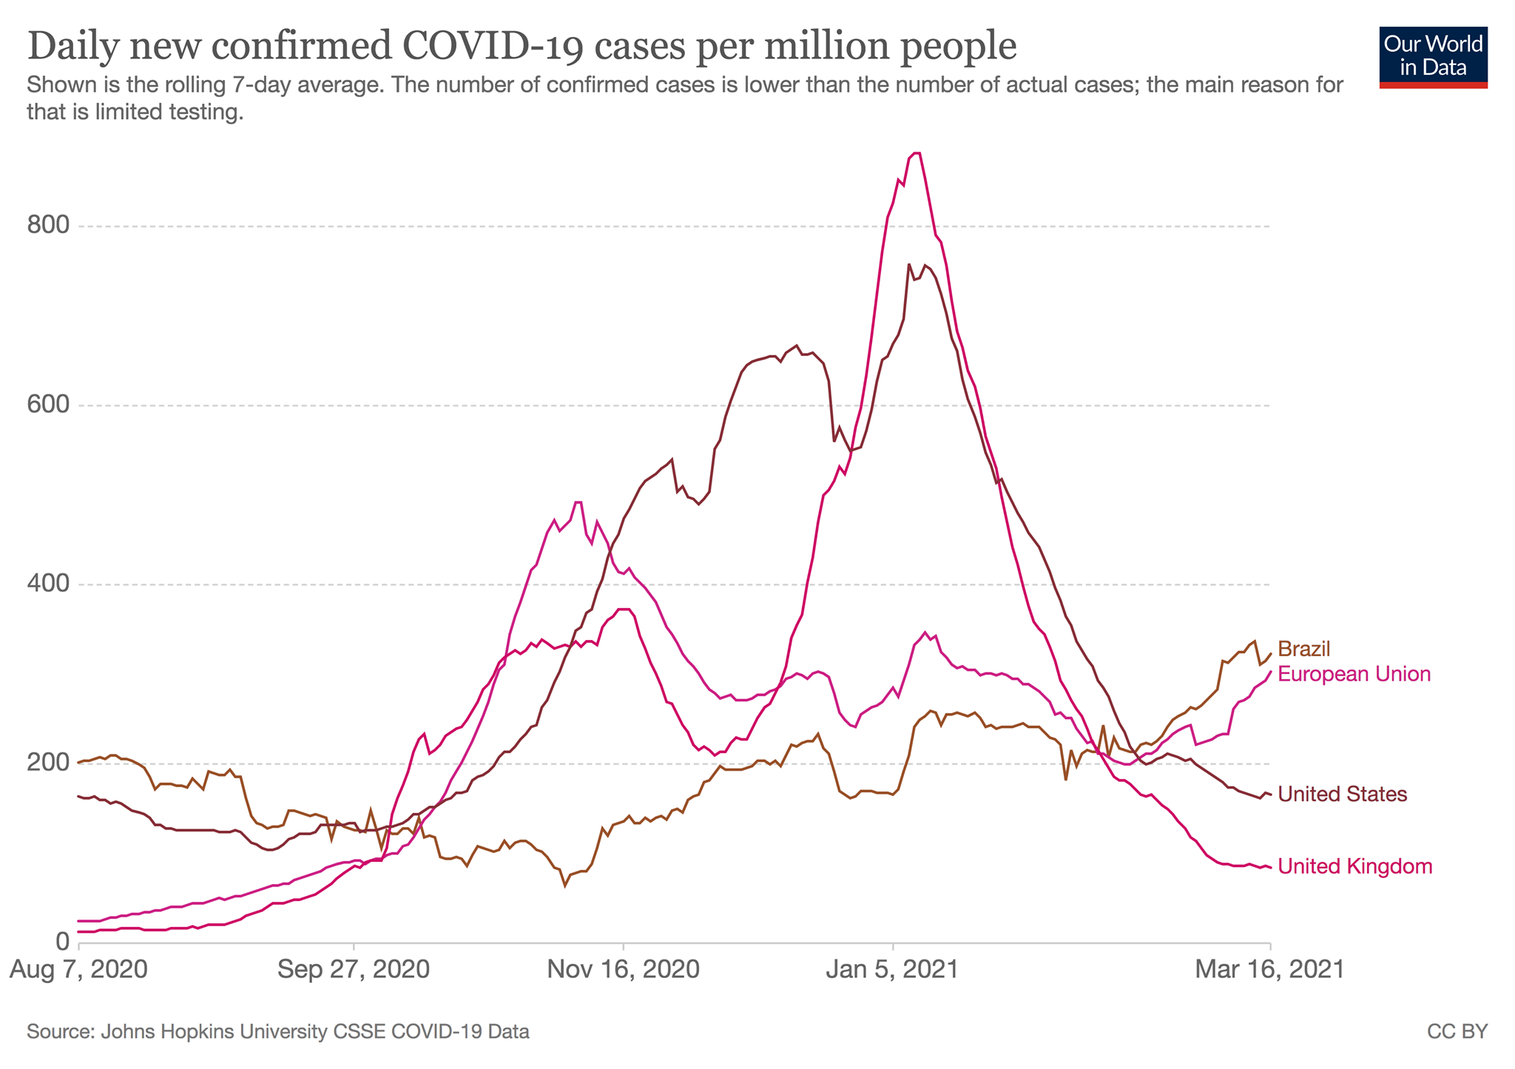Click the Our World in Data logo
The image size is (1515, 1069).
tap(1433, 57)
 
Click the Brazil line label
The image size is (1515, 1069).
tap(1304, 649)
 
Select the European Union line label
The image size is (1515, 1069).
tap(1354, 674)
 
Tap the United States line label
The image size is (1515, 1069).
tap(1342, 794)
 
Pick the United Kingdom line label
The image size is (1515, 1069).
tap(1354, 866)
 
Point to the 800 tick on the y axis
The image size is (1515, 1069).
tap(48, 226)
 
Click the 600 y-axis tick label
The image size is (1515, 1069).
tap(48, 405)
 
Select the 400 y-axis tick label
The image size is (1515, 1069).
tap(48, 584)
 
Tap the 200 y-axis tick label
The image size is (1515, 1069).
tap(48, 763)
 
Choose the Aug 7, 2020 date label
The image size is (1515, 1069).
tap(78, 969)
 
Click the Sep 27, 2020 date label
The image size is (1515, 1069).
tap(354, 969)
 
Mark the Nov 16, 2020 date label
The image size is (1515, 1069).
tap(623, 969)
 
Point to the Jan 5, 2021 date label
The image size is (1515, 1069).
tap(892, 969)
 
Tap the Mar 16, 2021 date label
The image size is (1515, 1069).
tap(1269, 969)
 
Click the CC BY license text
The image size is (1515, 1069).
tap(1457, 1031)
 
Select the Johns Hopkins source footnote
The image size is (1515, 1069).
tap(277, 1031)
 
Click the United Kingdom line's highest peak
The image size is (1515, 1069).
tap(917, 153)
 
